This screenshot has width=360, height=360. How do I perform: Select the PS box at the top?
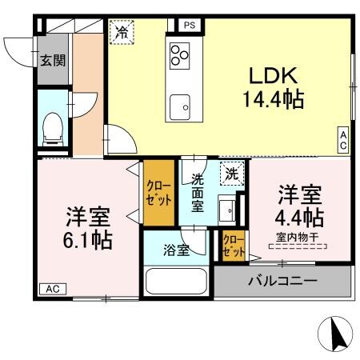pyautogui.click(x=190, y=25)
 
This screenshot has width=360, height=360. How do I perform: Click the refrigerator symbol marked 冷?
pyautogui.click(x=122, y=32)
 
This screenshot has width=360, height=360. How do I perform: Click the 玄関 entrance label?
pyautogui.click(x=53, y=58)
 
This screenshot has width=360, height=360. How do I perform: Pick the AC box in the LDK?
pyautogui.click(x=342, y=142)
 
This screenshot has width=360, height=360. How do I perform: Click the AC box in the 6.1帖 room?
pyautogui.click(x=51, y=288)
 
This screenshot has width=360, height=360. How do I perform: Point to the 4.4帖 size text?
pyautogui.click(x=301, y=217)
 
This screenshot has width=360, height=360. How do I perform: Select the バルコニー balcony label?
pyautogui.click(x=282, y=281)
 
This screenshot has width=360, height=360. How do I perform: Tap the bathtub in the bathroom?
pyautogui.click(x=178, y=283)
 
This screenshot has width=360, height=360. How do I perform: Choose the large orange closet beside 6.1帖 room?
pyautogui.click(x=158, y=193)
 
